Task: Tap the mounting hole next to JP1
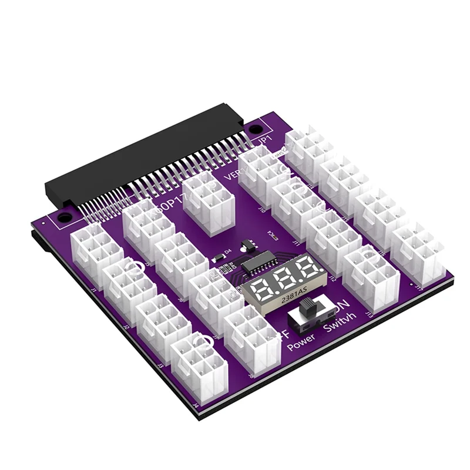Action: [x=254, y=129]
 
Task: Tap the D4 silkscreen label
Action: [x=228, y=251]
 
